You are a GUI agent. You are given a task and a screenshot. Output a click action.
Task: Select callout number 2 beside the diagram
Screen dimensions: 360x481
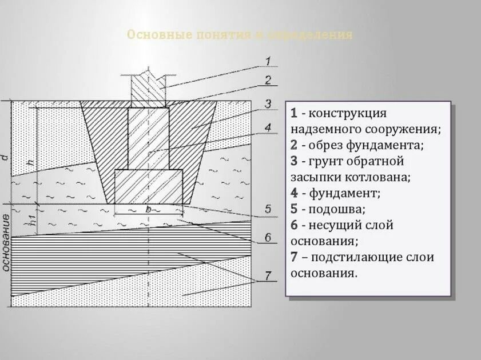tap(268, 80)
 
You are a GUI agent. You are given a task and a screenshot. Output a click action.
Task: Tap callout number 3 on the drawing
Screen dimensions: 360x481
tap(268, 104)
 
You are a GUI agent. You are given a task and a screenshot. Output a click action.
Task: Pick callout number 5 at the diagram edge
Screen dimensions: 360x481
tap(268, 210)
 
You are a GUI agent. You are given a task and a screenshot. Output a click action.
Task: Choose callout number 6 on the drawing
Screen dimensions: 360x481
tap(268, 237)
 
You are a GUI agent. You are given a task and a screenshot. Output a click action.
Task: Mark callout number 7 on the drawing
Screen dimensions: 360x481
tap(268, 277)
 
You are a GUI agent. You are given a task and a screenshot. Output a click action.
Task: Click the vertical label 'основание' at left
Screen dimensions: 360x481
tap(6, 242)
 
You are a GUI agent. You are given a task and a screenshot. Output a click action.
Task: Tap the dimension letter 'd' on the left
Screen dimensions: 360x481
tap(5, 156)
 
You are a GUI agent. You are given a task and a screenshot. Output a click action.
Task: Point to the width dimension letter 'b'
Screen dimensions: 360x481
tap(148, 210)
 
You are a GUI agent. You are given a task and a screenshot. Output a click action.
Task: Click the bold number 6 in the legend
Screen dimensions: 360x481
tap(294, 225)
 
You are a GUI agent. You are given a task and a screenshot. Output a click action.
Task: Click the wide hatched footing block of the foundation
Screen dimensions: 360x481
tap(148, 186)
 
